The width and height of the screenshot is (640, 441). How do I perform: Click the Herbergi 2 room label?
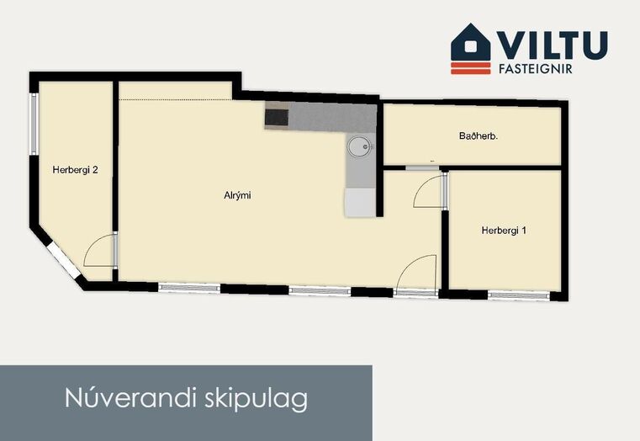75,170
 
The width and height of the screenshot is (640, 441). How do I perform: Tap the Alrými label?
237,195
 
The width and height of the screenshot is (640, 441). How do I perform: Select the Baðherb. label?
479,136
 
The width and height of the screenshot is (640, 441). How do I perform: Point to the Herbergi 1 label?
504,231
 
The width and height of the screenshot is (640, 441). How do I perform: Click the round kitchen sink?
359,146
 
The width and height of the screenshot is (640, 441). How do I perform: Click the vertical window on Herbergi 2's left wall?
34,124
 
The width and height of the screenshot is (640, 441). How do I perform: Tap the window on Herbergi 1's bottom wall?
518,295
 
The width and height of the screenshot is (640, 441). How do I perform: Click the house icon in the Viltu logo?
471,42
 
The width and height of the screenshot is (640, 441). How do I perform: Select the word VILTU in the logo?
552,45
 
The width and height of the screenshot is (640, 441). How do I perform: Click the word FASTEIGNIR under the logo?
536,69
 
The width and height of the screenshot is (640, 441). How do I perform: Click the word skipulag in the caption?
256,399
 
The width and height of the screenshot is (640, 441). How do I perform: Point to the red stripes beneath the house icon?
471,68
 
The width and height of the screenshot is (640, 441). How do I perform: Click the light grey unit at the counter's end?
360,203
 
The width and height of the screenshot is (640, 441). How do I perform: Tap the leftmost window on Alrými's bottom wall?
189,288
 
